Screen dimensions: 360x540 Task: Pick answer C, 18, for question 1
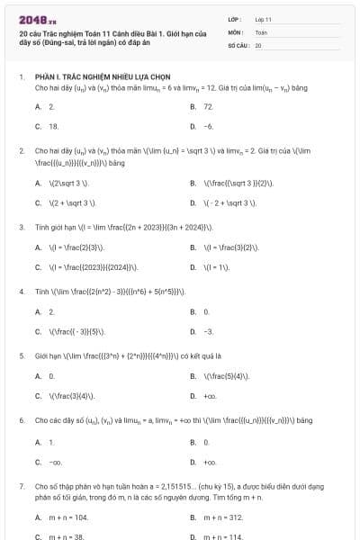[x=53, y=127]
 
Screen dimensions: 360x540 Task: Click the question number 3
[x=21, y=227]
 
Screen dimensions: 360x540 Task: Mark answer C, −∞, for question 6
[x=55, y=462]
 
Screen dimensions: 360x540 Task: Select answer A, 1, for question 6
[x=51, y=442]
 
